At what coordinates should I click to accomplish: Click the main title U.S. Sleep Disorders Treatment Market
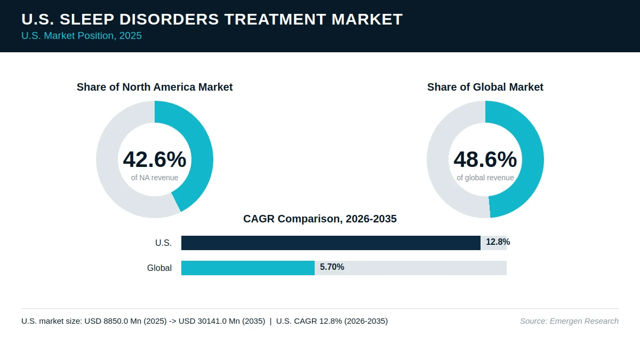pyautogui.click(x=212, y=19)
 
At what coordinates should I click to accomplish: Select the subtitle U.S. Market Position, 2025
pyautogui.click(x=82, y=36)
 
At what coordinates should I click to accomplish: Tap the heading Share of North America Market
pyautogui.click(x=155, y=87)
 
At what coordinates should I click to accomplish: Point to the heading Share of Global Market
pyautogui.click(x=485, y=87)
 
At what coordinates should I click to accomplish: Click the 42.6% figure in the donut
pyautogui.click(x=155, y=159)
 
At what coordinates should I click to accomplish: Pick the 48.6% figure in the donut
pyautogui.click(x=485, y=159)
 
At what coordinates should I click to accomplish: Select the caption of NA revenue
pyautogui.click(x=155, y=178)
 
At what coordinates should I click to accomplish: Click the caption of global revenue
pyautogui.click(x=485, y=178)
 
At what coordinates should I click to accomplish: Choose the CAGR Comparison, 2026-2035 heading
pyautogui.click(x=320, y=219)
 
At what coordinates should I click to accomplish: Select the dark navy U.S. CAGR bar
pyautogui.click(x=331, y=243)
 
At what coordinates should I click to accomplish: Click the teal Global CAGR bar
pyautogui.click(x=248, y=268)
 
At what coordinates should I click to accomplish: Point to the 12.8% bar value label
pyautogui.click(x=498, y=242)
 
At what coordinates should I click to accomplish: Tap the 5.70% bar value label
pyautogui.click(x=332, y=267)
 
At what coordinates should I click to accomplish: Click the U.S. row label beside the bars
pyautogui.click(x=163, y=243)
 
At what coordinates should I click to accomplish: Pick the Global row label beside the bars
pyautogui.click(x=159, y=268)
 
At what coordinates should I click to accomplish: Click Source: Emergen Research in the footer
pyautogui.click(x=569, y=321)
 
